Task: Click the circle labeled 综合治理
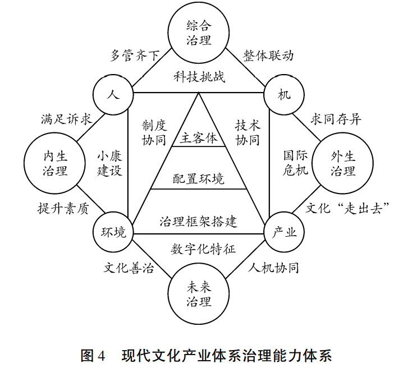click(199, 33)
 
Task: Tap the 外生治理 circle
click(343, 163)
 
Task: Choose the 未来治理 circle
click(199, 294)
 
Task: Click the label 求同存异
click(336, 119)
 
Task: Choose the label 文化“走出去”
click(347, 209)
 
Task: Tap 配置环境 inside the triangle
click(199, 180)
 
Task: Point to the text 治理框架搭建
click(199, 220)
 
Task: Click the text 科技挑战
click(199, 77)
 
